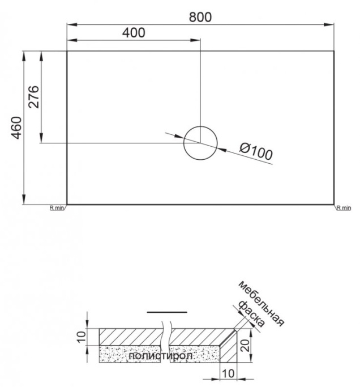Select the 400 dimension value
coord(133,33)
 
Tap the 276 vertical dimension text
coord(33,97)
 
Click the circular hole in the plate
coord(200,142)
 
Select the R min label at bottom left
coord(57,208)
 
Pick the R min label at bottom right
coord(343,208)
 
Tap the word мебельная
coord(261,303)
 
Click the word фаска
coord(251,314)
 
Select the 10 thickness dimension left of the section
coord(81,337)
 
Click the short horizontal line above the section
coord(166,312)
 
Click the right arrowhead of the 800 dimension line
coord(330,24)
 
